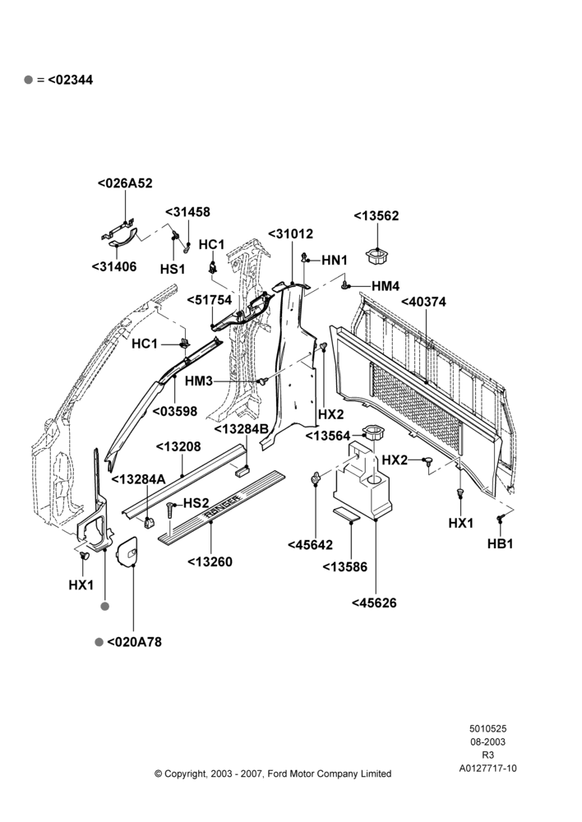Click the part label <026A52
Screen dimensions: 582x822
coord(125,183)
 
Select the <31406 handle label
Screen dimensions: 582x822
coord(113,266)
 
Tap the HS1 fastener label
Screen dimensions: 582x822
coord(173,269)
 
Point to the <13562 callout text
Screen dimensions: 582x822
coord(376,215)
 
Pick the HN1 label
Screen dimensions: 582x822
coord(335,260)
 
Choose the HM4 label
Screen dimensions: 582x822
coord(386,286)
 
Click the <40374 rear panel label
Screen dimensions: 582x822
coord(423,302)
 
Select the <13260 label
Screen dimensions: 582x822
coord(210,561)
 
